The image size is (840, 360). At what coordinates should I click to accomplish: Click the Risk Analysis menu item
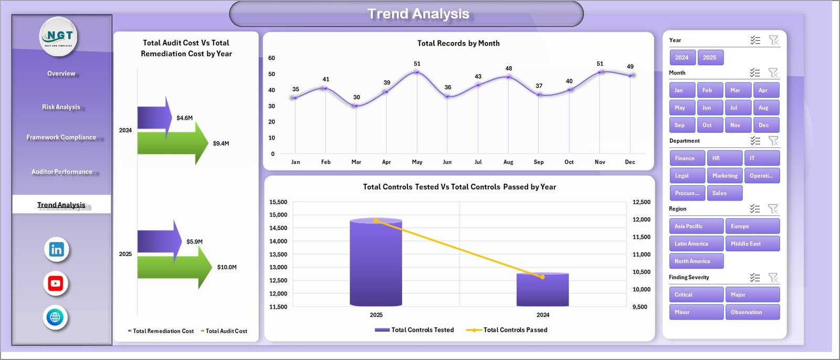61,107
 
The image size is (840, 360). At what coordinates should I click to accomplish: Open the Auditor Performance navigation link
61,172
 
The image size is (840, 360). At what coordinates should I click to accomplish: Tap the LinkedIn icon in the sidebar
56,250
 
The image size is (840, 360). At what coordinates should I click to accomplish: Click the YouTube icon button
56,283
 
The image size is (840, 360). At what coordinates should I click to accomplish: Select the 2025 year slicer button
710,58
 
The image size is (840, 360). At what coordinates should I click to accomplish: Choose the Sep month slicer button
681,125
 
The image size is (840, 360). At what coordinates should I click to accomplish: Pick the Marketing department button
724,176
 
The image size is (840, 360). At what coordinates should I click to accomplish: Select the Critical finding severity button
696,294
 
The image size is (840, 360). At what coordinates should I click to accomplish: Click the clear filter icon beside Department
773,141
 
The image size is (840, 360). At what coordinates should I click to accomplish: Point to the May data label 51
417,63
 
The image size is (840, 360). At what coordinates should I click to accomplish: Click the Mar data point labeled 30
356,106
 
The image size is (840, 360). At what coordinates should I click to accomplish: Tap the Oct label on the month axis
569,162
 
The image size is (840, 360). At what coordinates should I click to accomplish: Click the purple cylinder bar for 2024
542,290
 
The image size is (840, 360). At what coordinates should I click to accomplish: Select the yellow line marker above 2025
376,220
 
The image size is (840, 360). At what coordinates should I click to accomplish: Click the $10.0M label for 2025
227,267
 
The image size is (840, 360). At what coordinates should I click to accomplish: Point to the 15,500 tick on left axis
278,202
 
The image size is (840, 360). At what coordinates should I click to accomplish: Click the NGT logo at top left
59,36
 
